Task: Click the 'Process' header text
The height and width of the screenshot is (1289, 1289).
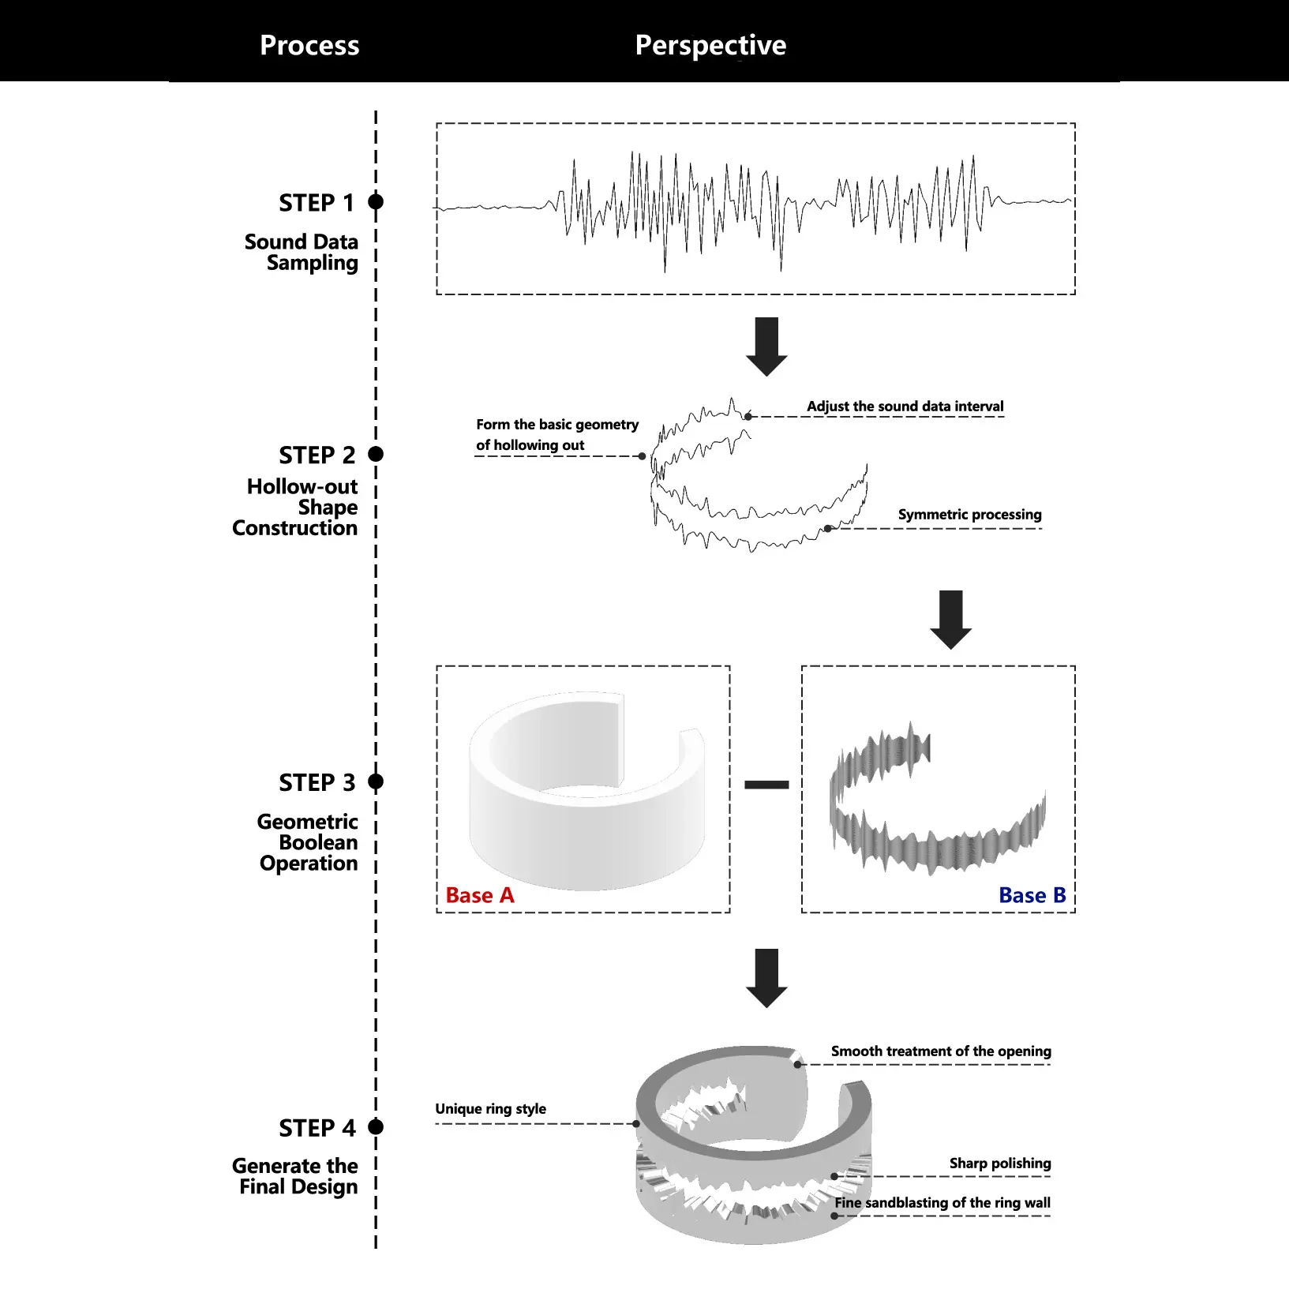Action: tap(309, 45)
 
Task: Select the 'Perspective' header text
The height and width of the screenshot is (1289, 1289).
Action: tap(710, 45)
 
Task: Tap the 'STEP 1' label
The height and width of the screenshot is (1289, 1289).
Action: tap(317, 203)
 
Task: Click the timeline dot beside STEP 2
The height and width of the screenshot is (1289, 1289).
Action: tap(376, 454)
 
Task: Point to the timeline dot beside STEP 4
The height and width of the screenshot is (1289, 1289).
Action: tap(376, 1126)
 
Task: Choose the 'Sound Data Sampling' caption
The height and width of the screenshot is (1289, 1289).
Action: tap(302, 253)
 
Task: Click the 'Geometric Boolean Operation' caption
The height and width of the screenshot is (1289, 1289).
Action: tap(308, 842)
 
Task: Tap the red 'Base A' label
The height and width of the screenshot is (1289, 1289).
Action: tap(479, 895)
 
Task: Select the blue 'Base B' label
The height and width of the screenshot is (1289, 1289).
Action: tap(1032, 895)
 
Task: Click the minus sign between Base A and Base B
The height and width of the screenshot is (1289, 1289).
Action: tap(766, 785)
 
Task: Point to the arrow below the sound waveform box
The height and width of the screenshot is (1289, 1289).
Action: tap(766, 346)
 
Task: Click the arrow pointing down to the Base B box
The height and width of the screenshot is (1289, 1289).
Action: tap(950, 619)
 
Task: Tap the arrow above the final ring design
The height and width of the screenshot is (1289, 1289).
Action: tap(766, 977)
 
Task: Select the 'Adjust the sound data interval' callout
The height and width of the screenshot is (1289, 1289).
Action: tap(905, 407)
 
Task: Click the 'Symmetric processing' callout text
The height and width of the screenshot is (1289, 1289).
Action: tap(969, 515)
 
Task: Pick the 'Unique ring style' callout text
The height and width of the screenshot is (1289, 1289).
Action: tap(490, 1109)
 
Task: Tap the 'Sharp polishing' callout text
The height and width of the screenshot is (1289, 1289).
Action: tap(999, 1163)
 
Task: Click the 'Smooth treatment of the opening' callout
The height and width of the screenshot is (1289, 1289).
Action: tap(941, 1051)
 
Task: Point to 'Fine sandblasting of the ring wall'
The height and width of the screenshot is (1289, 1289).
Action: tap(942, 1203)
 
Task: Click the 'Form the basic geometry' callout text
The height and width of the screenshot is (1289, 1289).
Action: tap(556, 425)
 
